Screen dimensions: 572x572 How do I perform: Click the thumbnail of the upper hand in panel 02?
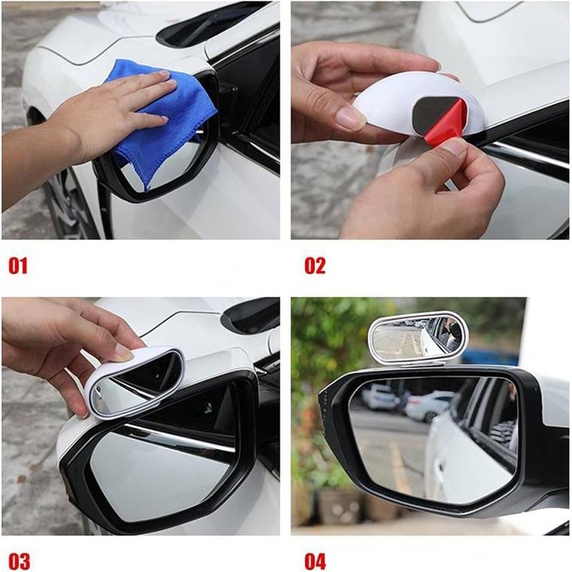coord(350,117)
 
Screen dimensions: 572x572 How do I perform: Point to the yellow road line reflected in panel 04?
coord(400,465)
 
